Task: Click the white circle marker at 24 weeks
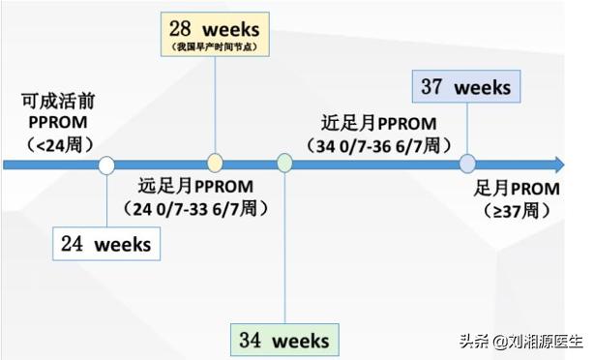click(106, 165)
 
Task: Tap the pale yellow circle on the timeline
click(215, 164)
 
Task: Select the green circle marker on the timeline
click(284, 164)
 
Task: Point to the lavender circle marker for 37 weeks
click(467, 164)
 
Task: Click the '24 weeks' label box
click(105, 244)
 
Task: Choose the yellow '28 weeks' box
click(214, 35)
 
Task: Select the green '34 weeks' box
click(285, 340)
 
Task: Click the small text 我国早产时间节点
click(214, 46)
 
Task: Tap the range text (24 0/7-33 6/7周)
click(195, 208)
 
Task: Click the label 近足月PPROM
click(379, 124)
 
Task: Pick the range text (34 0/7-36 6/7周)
click(379, 145)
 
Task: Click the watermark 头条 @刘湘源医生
click(522, 341)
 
